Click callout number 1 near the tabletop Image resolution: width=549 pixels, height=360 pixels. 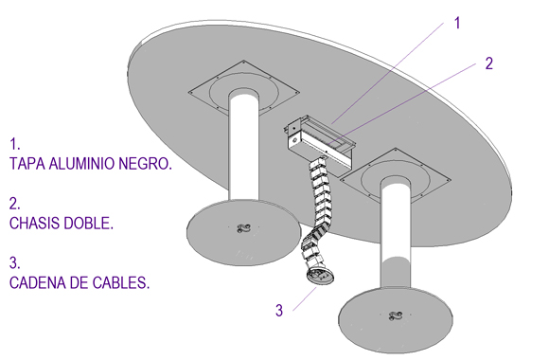point(457,23)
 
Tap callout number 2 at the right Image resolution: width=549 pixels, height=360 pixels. point(489,63)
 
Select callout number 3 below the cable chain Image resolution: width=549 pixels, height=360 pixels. point(279,310)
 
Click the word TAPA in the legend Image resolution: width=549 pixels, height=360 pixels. point(27,164)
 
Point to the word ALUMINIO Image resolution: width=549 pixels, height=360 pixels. point(82,164)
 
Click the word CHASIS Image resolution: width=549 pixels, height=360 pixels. point(34,224)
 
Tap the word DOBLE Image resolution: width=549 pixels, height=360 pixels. point(88,224)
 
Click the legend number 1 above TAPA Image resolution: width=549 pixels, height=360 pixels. point(15,144)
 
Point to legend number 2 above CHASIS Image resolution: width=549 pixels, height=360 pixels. point(15,204)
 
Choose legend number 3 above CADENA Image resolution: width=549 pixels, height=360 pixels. point(15,263)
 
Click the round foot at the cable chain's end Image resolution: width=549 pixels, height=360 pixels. point(320,276)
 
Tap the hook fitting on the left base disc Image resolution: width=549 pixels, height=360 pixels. point(243,228)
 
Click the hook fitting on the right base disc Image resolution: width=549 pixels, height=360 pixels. point(396,316)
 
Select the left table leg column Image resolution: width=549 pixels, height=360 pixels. point(244,146)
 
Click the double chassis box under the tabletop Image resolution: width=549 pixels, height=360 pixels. point(319,140)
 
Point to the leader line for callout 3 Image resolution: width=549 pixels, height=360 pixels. point(305,298)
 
